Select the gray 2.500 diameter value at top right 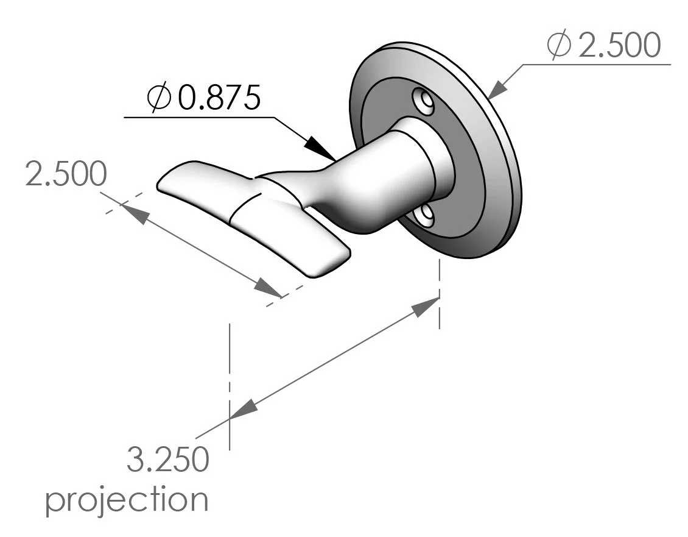point(618,46)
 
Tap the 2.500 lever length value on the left point(66,175)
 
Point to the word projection point(127,500)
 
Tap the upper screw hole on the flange point(422,101)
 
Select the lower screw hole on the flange point(425,215)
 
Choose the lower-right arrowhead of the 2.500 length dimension point(268,288)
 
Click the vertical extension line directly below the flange point(439,293)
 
